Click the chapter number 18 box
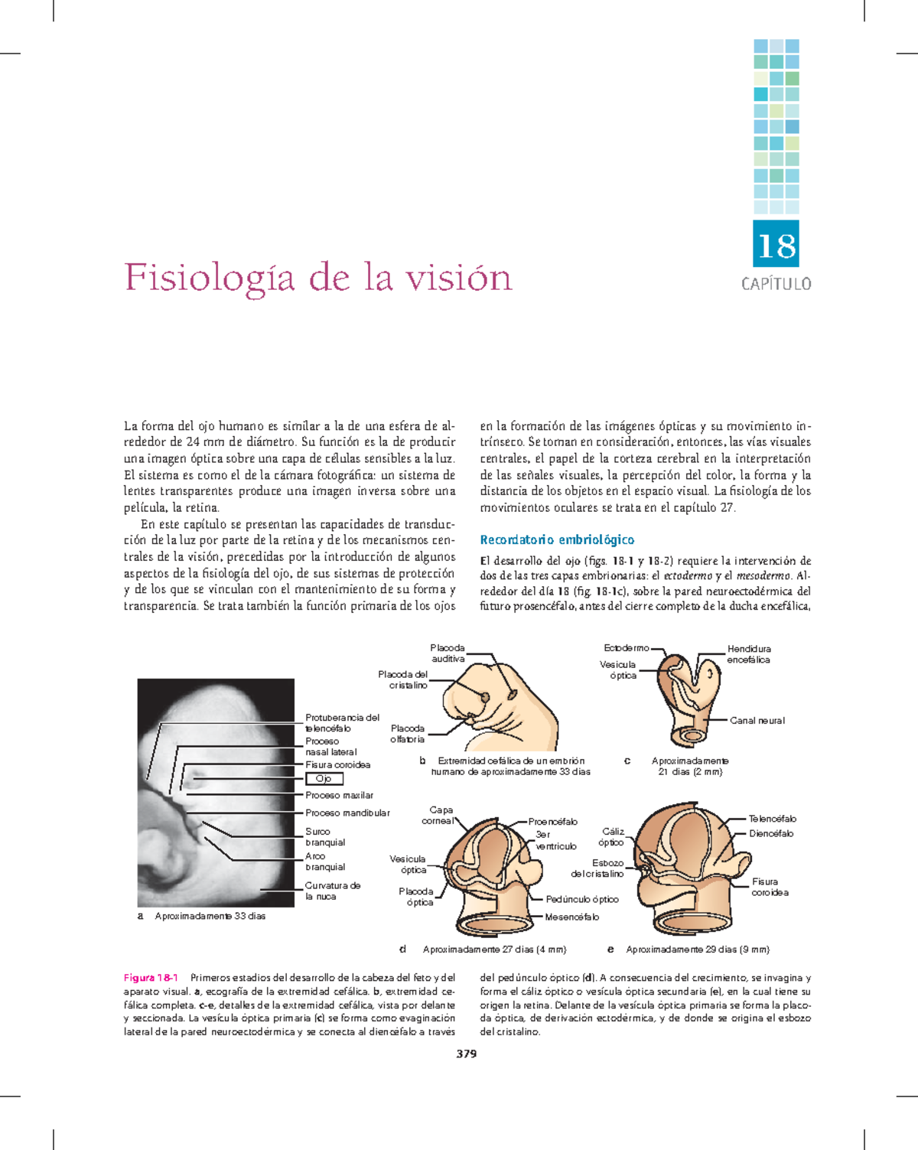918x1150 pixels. tap(776, 245)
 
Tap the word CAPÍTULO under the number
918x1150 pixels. tap(776, 284)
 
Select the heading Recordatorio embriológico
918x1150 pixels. tap(557, 539)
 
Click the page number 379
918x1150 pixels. tap(466, 1054)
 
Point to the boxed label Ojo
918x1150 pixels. tap(324, 779)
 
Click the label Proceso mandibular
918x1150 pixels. tap(347, 813)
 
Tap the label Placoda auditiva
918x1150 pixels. tap(448, 653)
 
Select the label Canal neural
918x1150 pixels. tap(757, 720)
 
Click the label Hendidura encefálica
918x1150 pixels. tap(749, 654)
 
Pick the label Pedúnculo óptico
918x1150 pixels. tap(582, 899)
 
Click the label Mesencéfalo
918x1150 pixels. tap(571, 917)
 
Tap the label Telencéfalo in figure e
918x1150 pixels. tap(773, 819)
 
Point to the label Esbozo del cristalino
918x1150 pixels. tap(598, 868)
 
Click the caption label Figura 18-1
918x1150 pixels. tap(151, 978)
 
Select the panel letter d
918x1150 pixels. tap(402, 950)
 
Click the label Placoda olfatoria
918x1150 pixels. tap(408, 734)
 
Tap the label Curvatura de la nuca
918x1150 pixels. tap(333, 891)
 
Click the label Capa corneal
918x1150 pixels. tap(438, 815)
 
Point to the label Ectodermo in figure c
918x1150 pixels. tap(627, 648)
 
